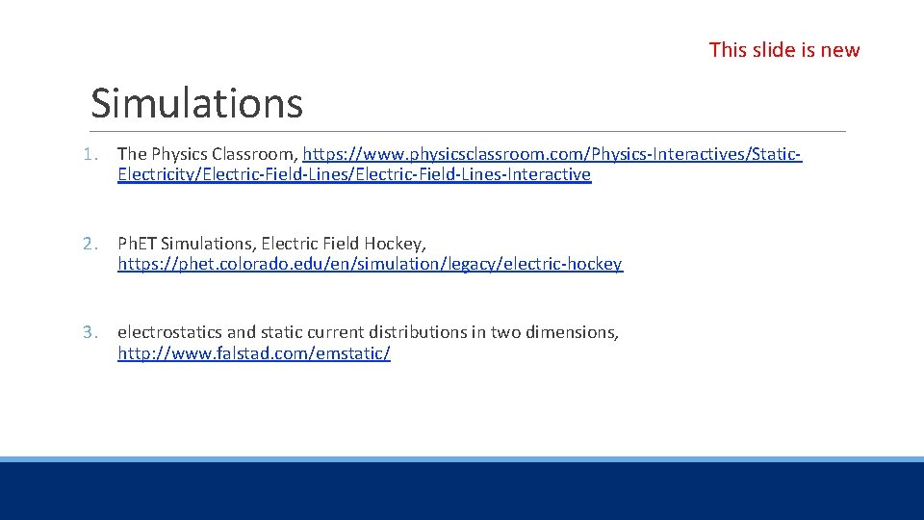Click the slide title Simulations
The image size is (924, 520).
[196, 104]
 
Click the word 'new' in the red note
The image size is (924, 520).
[839, 50]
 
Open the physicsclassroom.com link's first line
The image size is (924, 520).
[552, 154]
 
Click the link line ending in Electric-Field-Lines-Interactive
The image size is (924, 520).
[354, 175]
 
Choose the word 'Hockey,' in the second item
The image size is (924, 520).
[398, 244]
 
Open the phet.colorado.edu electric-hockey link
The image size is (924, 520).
[370, 264]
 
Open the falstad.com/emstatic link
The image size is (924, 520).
[254, 353]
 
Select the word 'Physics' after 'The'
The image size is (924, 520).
[180, 154]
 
